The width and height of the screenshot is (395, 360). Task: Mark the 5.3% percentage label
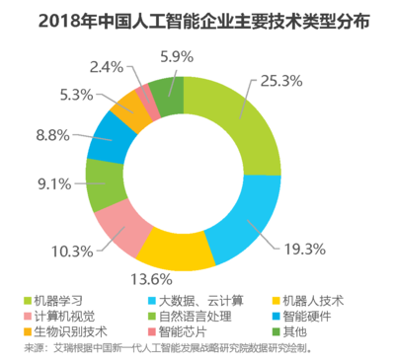78,95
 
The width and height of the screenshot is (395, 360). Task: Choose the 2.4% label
106,68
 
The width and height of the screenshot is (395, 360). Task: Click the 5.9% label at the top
177,56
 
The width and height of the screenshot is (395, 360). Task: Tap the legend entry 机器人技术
308,300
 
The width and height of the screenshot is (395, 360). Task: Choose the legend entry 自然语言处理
194,317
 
